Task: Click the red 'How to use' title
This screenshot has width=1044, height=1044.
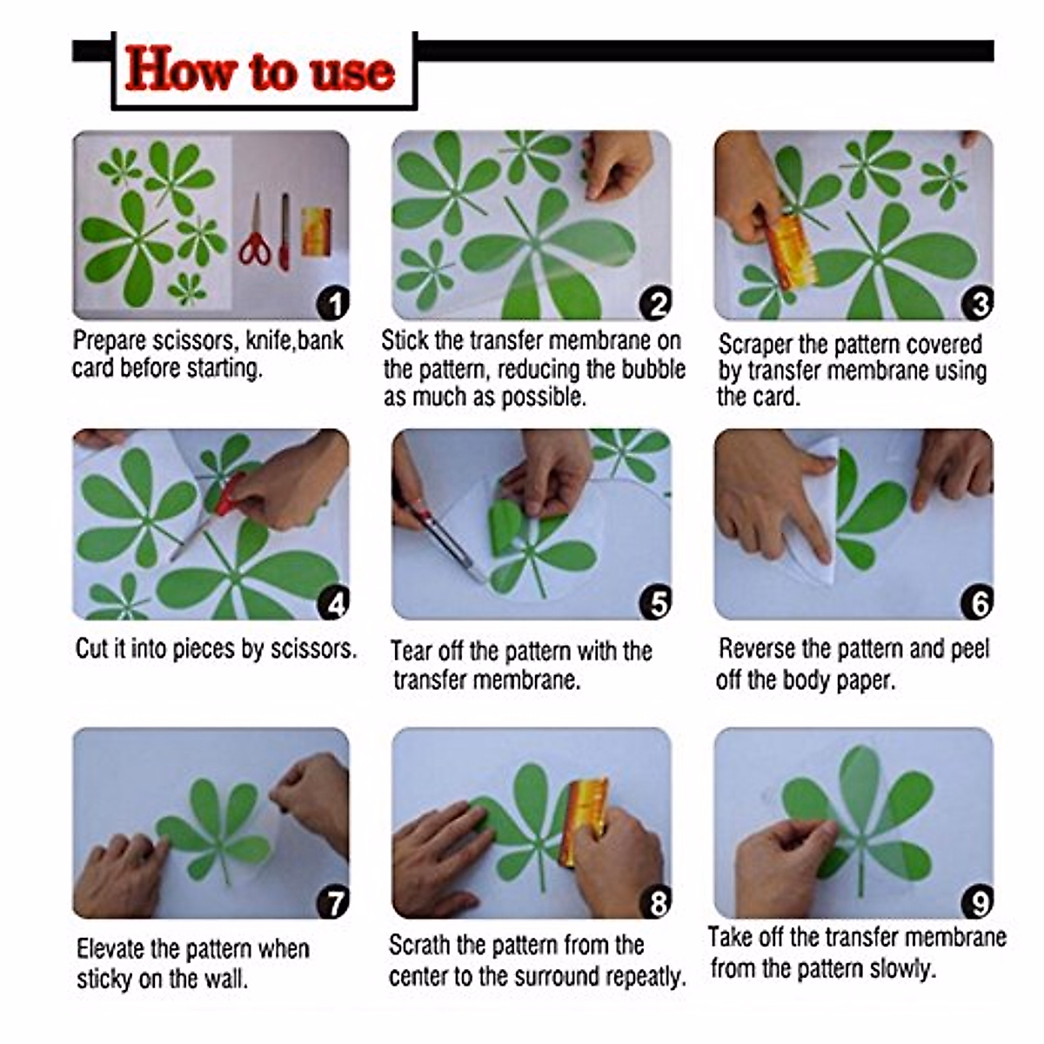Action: (260, 70)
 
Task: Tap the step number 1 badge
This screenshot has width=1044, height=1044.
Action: (332, 304)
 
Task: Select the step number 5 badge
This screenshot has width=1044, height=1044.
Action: (655, 602)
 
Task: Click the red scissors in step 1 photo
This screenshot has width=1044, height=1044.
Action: (255, 232)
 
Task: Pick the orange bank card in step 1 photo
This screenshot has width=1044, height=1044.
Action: (316, 231)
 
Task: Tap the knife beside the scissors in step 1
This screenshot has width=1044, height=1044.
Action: (284, 232)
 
